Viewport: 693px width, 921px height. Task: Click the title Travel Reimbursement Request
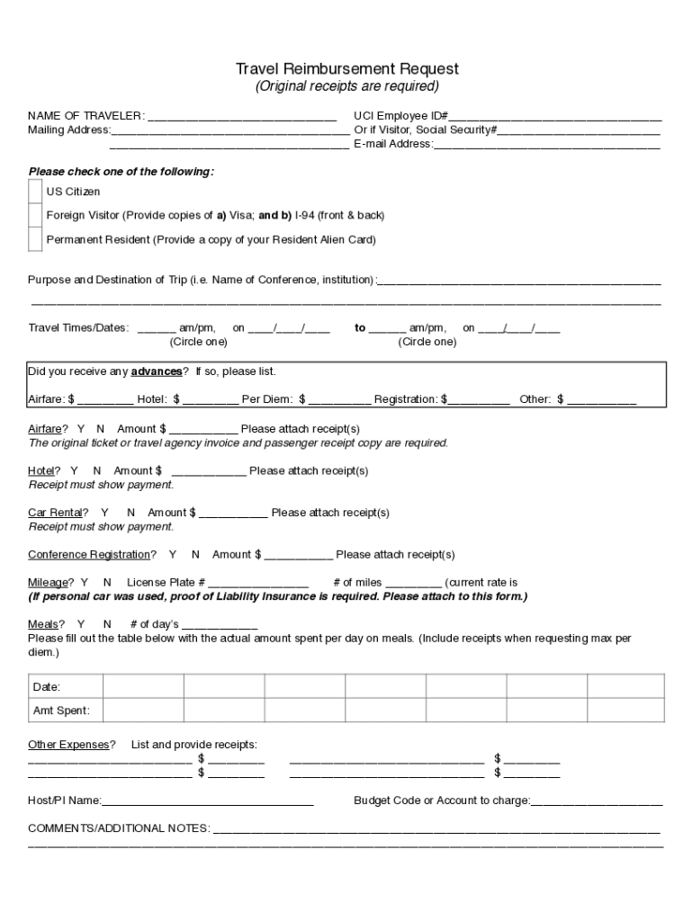[x=346, y=69]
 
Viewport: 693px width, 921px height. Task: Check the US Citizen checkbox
[x=35, y=192]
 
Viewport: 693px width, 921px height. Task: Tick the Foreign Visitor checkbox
[x=35, y=216]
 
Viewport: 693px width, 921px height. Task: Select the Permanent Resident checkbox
[x=35, y=240]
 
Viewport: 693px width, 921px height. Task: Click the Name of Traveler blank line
[x=242, y=117]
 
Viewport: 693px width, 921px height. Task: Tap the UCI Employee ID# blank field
[x=555, y=117]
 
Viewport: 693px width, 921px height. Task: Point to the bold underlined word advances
[x=157, y=372]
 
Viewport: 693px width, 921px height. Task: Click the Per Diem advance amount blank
[x=339, y=400]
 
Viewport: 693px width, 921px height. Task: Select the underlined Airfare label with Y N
[x=45, y=429]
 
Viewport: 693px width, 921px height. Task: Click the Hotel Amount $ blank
[x=209, y=471]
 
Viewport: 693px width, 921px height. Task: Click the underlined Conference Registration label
[x=88, y=555]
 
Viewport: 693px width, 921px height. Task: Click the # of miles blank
[x=413, y=584]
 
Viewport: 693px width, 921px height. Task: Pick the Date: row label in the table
[x=47, y=687]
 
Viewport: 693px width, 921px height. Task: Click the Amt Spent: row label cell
[x=61, y=711]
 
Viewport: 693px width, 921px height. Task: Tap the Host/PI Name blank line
[x=208, y=801]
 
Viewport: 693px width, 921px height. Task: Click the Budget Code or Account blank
[x=597, y=801]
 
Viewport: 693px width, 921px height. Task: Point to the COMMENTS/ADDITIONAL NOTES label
[x=119, y=828]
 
